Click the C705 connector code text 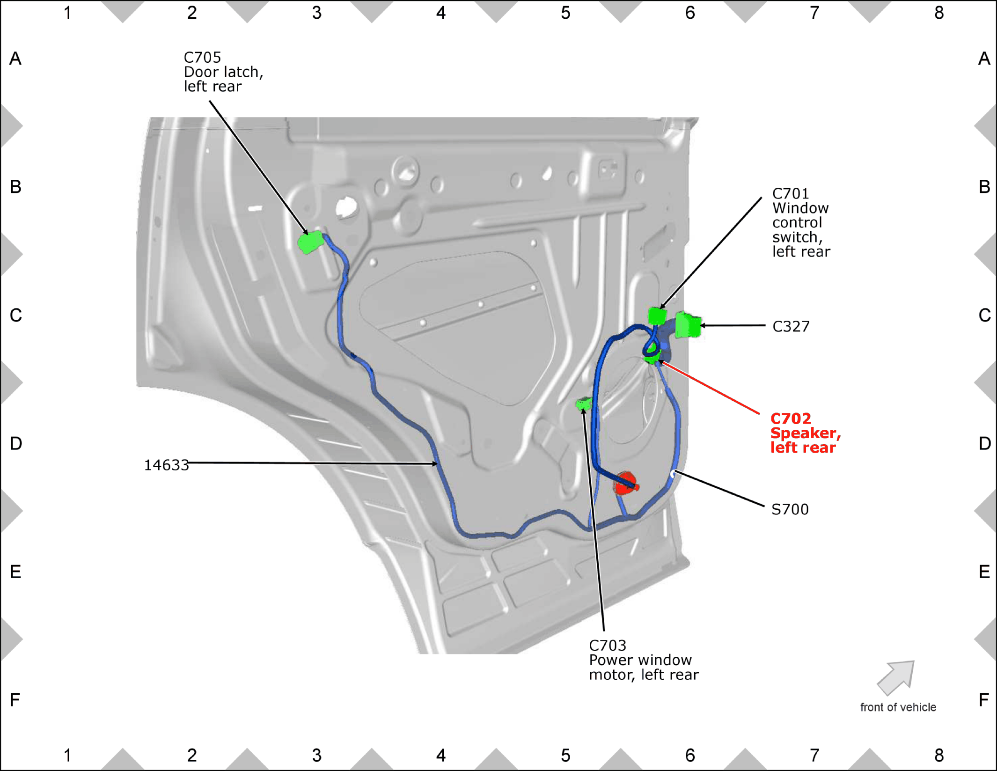click(x=202, y=58)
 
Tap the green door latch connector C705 click(x=311, y=242)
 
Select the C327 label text click(x=791, y=326)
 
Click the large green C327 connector click(x=688, y=325)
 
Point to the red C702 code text click(x=791, y=418)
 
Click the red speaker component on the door click(x=626, y=483)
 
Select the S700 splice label click(x=790, y=509)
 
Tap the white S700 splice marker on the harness click(x=673, y=474)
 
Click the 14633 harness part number click(x=166, y=465)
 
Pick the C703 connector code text click(x=607, y=646)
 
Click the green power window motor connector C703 click(x=584, y=403)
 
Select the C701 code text click(x=791, y=193)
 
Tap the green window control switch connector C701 click(x=657, y=316)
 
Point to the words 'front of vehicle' click(x=898, y=707)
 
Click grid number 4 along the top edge click(x=440, y=13)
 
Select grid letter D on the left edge click(x=15, y=443)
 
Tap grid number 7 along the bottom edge click(x=814, y=755)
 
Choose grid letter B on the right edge click(x=984, y=187)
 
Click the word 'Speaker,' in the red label click(x=806, y=433)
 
